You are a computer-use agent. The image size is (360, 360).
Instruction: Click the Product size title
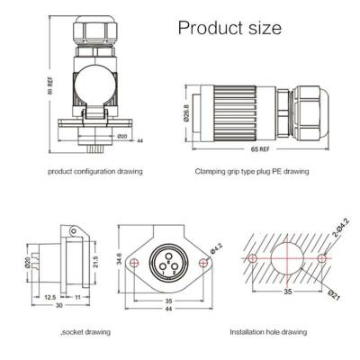229,29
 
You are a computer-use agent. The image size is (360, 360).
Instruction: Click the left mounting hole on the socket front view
132,262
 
